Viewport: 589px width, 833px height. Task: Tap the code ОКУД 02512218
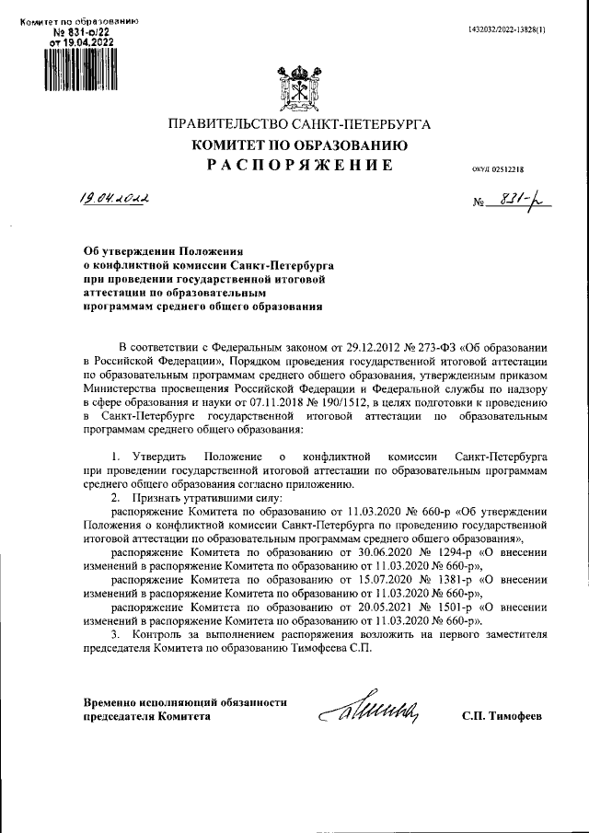[496, 169]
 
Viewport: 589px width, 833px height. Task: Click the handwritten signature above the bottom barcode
[373, 709]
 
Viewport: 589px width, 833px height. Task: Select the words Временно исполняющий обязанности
[179, 702]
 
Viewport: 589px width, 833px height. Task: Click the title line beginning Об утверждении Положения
[162, 249]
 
